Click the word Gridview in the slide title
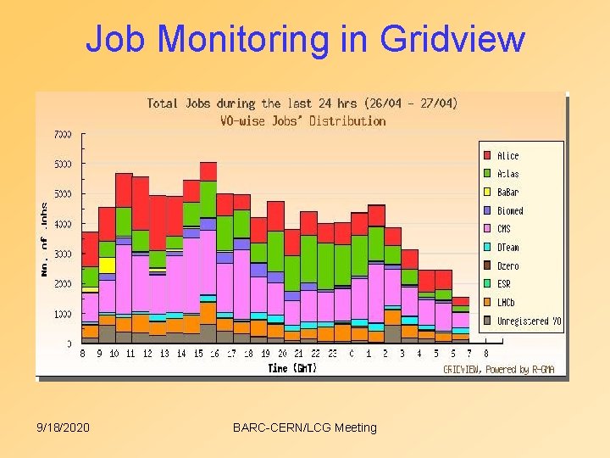452,40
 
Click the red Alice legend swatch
487,155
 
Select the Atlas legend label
508,174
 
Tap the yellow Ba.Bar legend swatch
487,193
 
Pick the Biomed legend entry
510,210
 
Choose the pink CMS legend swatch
487,229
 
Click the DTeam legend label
508,248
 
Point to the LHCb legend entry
506,303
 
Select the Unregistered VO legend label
529,321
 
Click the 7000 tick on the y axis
63,134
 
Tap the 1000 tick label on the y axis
63,314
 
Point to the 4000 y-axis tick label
63,224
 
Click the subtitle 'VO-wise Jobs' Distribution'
302,120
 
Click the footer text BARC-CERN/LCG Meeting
304,427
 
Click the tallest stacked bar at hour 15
208,254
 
